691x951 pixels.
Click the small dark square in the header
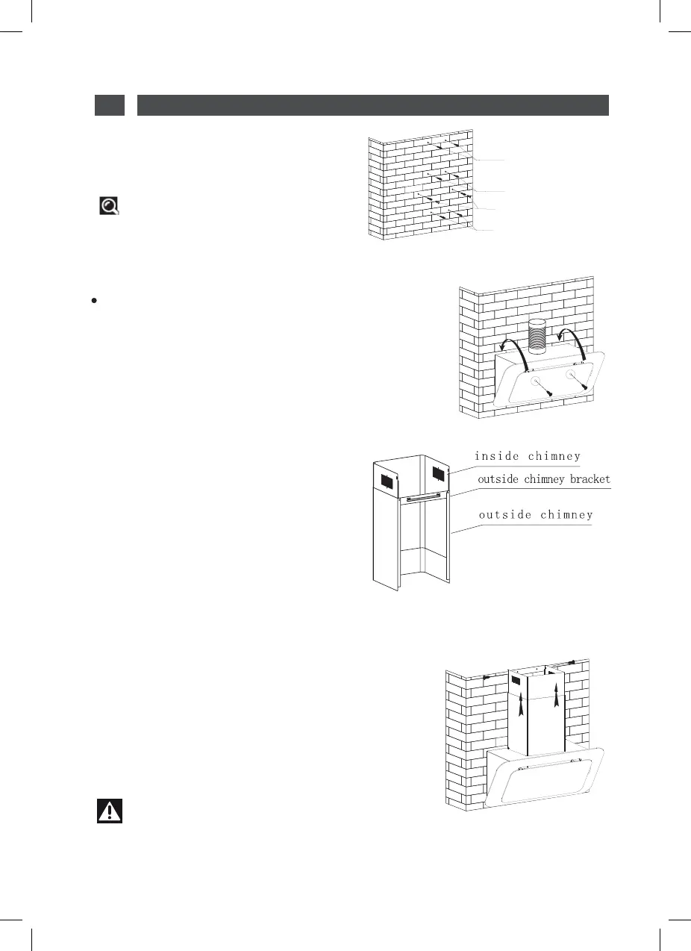[109, 105]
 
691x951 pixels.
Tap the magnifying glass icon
[110, 206]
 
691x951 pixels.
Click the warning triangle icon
[110, 811]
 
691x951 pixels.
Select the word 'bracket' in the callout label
[587, 479]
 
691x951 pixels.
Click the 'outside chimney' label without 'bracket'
[535, 514]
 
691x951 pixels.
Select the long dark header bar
[373, 105]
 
